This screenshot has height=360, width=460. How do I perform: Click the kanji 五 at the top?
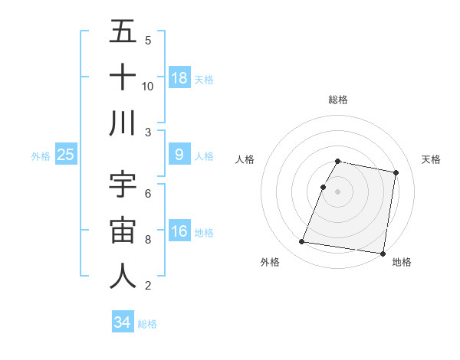pos(123,32)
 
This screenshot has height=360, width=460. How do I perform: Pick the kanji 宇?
pos(123,185)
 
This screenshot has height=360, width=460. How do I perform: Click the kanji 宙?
pos(123,231)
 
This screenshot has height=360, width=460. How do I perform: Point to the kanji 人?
pos(123,277)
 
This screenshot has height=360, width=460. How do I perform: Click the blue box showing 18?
pos(179,77)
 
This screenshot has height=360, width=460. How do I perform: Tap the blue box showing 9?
pos(179,155)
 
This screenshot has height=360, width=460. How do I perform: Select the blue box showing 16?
pos(179,231)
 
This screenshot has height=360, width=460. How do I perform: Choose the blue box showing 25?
pos(66,155)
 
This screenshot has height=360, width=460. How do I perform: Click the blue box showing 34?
pos(123,322)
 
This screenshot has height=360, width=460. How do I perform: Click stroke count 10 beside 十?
pos(148,86)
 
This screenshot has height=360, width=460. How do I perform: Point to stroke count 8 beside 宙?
pos(148,240)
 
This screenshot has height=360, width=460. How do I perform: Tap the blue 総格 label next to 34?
pos(147,324)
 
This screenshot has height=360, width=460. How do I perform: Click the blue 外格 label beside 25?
pos(41,155)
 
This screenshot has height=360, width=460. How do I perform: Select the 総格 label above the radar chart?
pos(338,100)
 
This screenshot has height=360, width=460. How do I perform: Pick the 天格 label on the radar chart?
pos(432,159)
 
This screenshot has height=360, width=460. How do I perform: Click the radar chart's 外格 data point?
pos(302,242)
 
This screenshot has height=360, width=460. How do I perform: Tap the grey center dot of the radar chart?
pos(338,191)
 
